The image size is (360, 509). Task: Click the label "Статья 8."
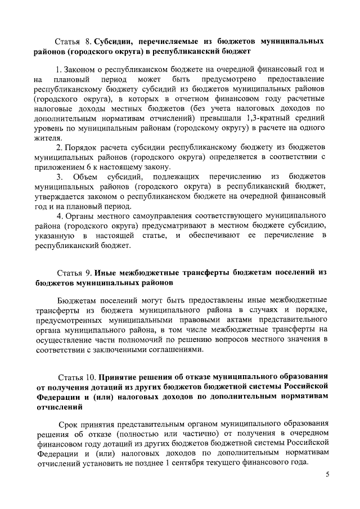(x=74, y=42)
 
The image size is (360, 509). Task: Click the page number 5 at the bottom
(x=327, y=476)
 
